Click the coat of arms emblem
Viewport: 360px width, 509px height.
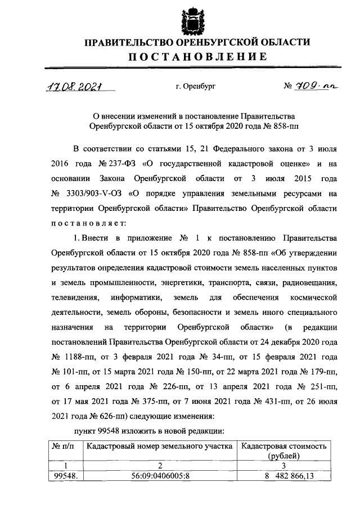tap(190, 20)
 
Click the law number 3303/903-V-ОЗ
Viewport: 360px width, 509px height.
tap(90, 193)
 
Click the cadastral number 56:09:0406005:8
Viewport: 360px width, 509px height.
tap(159, 476)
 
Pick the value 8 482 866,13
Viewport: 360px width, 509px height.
tap(283, 476)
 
